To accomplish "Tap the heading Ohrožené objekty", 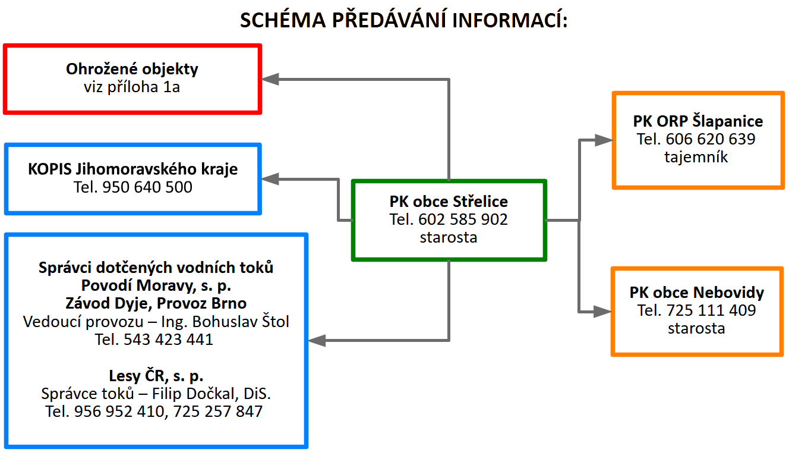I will (x=132, y=69).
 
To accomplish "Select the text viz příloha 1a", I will (x=132, y=87).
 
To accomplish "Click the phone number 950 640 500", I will (x=147, y=187).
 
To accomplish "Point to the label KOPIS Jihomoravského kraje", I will (x=133, y=169).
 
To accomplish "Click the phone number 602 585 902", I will (x=463, y=219).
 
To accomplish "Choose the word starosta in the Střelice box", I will (x=449, y=237).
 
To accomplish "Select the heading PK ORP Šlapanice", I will (x=698, y=122).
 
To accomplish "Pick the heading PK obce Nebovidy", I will (x=697, y=293).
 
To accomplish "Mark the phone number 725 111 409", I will (x=711, y=310).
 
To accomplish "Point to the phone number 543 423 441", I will (x=168, y=340).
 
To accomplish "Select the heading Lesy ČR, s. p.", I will (x=156, y=376).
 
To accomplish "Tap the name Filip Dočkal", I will (x=207, y=394).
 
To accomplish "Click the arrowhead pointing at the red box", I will (x=270, y=79).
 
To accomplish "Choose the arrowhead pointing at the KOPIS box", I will (x=270, y=177).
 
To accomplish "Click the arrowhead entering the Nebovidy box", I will (x=603, y=311).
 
